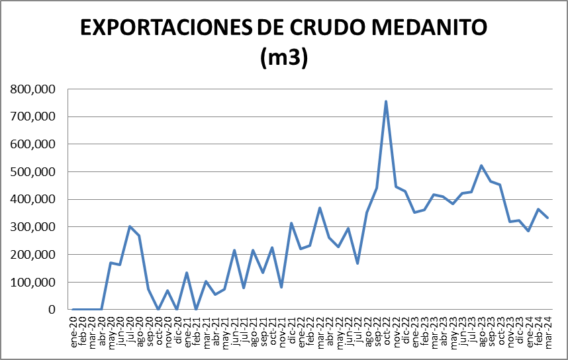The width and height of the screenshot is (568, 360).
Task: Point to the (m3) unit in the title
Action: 284,58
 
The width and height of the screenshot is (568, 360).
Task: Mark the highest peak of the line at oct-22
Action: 386,101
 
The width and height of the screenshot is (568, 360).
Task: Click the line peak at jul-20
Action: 130,226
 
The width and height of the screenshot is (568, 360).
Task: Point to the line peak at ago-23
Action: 481,165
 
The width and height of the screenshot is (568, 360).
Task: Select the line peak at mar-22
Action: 320,208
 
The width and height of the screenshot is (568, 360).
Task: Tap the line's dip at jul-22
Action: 357,263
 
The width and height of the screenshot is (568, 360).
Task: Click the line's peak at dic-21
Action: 291,223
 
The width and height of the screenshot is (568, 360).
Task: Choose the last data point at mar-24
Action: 547,218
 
